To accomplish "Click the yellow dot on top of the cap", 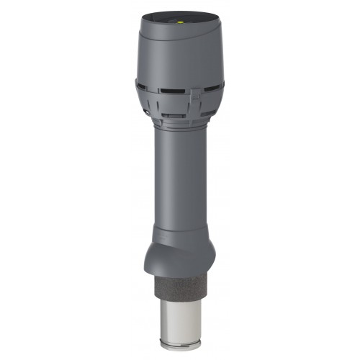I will (180, 22).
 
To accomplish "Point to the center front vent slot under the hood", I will (169, 91).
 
